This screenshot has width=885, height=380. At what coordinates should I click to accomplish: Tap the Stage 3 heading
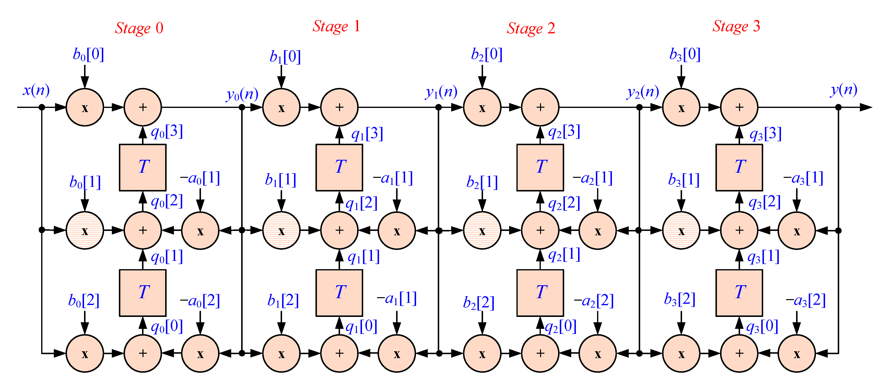click(x=736, y=27)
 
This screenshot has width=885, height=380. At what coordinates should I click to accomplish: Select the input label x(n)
click(x=36, y=90)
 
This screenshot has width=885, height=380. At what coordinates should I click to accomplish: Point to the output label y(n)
click(x=843, y=90)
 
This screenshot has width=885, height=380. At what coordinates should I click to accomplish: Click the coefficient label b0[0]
click(x=88, y=54)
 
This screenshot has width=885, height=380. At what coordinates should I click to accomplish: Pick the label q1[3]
click(x=367, y=134)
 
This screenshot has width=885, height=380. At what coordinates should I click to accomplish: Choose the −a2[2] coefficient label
click(x=594, y=301)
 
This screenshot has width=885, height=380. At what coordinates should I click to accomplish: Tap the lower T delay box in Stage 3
click(x=739, y=293)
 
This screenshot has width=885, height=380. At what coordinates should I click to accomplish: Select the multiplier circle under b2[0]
click(x=482, y=107)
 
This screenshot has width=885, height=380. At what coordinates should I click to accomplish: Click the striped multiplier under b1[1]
click(x=281, y=230)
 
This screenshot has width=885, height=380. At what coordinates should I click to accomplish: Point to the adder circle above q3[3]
click(x=739, y=107)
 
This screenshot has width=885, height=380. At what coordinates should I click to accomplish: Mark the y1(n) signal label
click(x=441, y=92)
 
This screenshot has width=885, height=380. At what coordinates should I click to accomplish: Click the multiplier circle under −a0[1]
click(x=200, y=230)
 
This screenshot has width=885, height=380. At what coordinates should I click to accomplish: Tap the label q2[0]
click(x=561, y=326)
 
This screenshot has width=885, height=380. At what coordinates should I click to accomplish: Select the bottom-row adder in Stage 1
click(x=339, y=353)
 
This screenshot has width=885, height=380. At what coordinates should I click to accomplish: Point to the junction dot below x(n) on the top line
click(x=42, y=107)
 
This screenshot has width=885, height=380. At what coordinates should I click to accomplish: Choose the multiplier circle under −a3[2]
click(x=797, y=353)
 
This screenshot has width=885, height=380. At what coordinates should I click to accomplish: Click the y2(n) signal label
click(x=642, y=92)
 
